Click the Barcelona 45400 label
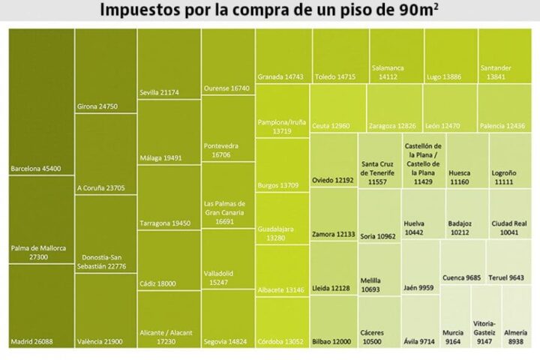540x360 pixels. pos(36,169)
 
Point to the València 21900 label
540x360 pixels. pos(99,342)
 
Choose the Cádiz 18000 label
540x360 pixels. pos(157,283)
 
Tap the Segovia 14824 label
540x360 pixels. pos(225,342)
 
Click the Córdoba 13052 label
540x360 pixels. pos(280,342)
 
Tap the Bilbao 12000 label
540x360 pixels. pos(331,342)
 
